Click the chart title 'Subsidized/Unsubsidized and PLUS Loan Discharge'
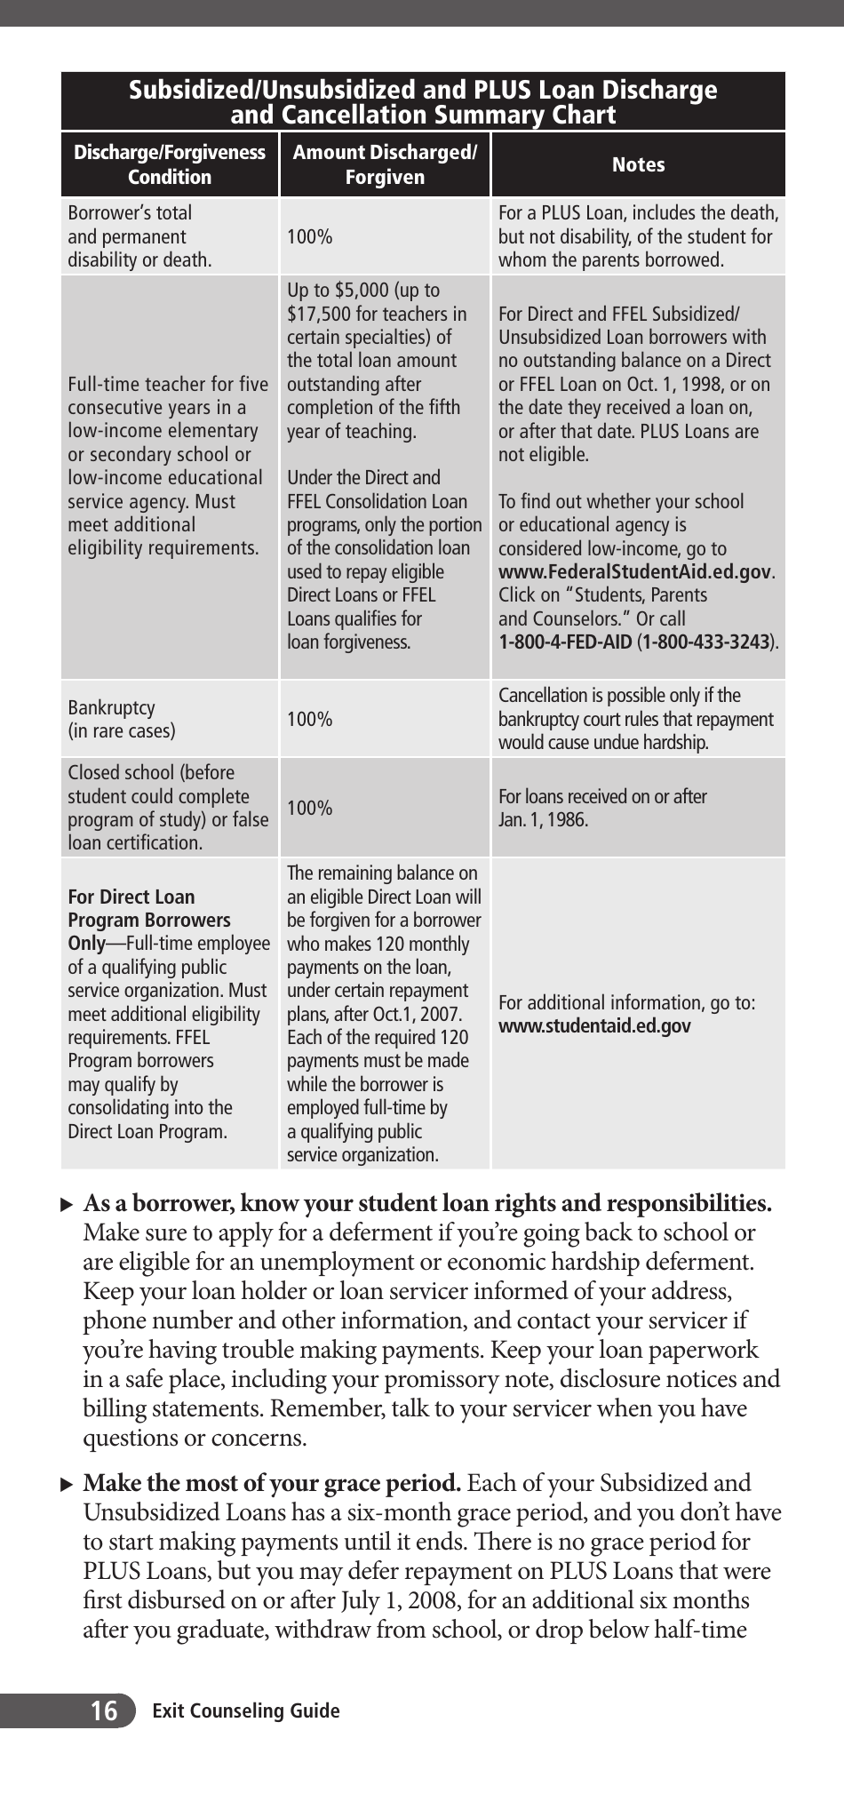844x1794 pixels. coord(423,90)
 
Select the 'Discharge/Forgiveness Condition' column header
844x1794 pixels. coord(169,164)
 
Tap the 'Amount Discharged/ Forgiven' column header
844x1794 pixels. coord(385,164)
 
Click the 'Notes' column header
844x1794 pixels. coord(638,164)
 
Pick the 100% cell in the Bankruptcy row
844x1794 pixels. coord(309,719)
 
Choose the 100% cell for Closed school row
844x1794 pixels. coord(309,808)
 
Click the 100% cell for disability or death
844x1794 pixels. coord(309,236)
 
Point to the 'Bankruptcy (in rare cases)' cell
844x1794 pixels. coord(122,719)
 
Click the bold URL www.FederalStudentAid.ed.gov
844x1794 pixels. coord(634,571)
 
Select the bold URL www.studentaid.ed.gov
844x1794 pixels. coord(594,1026)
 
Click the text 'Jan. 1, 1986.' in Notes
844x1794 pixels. coord(543,819)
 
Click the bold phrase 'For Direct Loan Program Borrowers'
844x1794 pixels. coord(148,908)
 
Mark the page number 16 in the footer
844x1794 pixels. coord(104,1710)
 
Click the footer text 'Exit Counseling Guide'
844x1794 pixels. coord(246,1710)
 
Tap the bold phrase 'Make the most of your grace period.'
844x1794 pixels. coord(272,1483)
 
